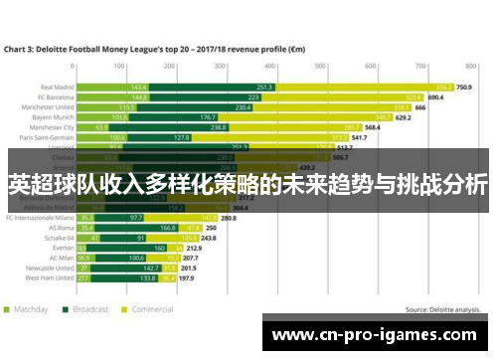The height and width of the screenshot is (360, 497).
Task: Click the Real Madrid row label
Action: click(x=56, y=88)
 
